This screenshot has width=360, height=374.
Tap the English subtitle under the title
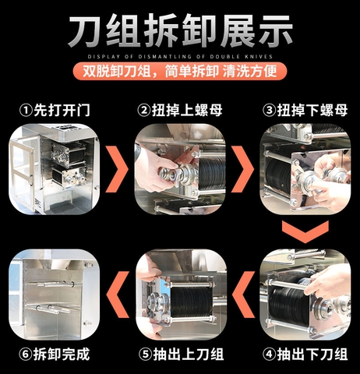[180, 56]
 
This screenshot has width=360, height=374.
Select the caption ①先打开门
[55, 111]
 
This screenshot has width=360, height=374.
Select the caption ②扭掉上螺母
[181, 111]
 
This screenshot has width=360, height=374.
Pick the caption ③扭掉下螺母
[305, 111]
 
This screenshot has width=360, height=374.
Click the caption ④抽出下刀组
[305, 355]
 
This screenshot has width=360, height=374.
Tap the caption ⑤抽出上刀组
[181, 355]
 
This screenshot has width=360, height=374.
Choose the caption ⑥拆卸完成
[55, 355]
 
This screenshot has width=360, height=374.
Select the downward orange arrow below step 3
[305, 231]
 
